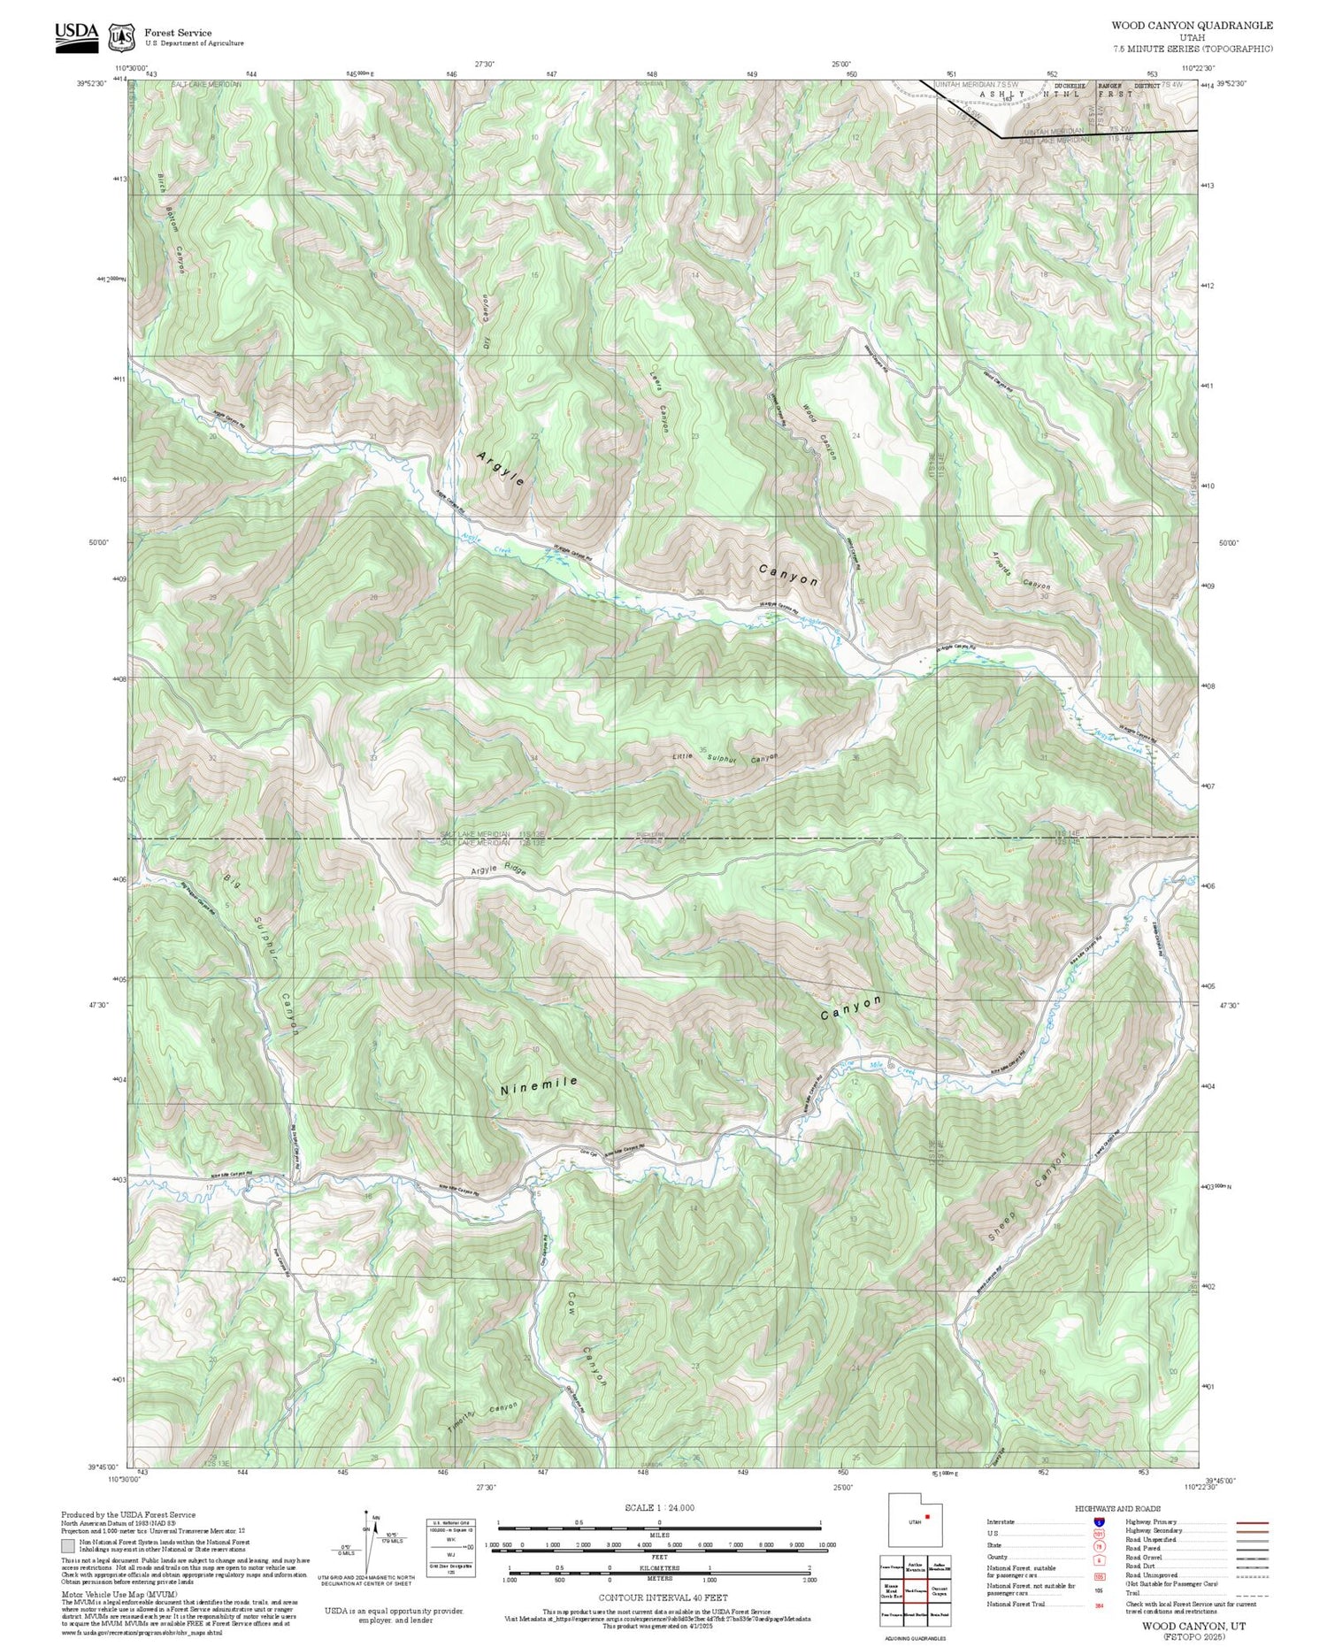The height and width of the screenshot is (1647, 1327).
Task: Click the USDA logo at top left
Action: pos(77,36)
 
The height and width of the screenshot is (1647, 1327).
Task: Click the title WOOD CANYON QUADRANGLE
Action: pos(1191,26)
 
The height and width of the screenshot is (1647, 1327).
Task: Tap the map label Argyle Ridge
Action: pos(498,870)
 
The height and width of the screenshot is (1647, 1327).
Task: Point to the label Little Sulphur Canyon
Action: pos(725,756)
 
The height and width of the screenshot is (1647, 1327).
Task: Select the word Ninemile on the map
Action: pos(539,1086)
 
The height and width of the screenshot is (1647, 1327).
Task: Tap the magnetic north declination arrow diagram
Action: pos(369,1541)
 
